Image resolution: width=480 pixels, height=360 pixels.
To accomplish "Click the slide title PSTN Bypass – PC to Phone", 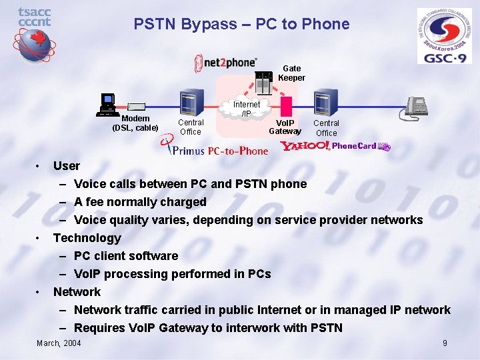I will coord(241,25).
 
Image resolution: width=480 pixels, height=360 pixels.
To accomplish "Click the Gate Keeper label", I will coord(291,73).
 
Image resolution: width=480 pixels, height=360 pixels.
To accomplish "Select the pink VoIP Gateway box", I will coord(287,107).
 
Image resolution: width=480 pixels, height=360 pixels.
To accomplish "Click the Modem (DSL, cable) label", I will coord(135,123).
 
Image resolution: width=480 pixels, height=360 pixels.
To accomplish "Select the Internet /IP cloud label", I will coord(246,109).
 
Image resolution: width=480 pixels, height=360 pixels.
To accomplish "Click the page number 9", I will coord(445,343).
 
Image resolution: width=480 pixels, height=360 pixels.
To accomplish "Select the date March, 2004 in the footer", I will coord(59,343).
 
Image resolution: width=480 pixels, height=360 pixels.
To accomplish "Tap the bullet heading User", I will coord(66,166).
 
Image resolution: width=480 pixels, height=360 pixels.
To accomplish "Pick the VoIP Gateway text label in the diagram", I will coord(285,127).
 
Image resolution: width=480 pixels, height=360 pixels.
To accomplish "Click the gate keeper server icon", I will coord(265,83).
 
